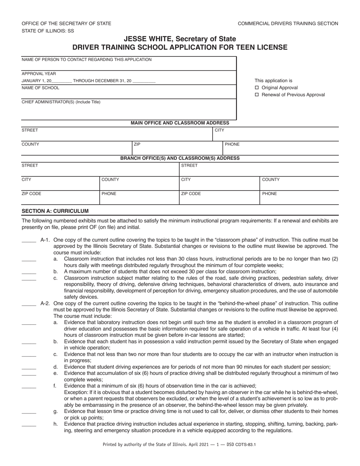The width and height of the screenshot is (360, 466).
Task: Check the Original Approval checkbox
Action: coord(257,88)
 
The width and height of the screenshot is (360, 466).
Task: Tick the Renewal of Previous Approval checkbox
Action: coord(257,95)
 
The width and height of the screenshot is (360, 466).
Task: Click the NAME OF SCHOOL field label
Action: coord(41,88)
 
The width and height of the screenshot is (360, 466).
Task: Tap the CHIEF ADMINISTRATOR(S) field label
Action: coord(61,102)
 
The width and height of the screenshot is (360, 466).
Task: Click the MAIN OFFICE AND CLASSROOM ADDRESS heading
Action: coord(180,123)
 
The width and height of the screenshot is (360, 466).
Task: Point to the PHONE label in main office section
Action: coord(232,144)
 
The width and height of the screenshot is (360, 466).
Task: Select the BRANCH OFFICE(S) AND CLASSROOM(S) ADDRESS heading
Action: coord(180,158)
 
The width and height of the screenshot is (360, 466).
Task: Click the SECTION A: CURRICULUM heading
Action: coord(55,211)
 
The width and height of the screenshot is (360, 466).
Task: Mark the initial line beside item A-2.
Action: coord(29,304)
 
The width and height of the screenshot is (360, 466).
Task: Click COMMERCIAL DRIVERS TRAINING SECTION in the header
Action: coord(288,23)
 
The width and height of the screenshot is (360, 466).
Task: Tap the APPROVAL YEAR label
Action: coord(39,74)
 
